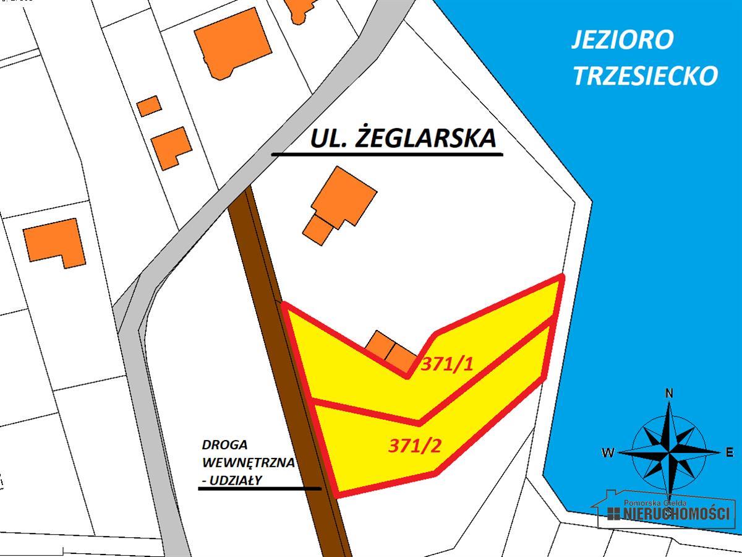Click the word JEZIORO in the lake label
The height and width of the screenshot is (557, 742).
click(x=621, y=40)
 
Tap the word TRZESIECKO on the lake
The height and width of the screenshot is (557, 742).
click(x=645, y=76)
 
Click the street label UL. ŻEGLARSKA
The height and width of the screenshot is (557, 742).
click(x=403, y=137)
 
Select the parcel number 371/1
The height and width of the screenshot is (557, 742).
click(x=446, y=364)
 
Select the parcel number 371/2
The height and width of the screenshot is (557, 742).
click(x=414, y=446)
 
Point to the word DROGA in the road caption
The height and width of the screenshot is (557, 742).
click(x=224, y=445)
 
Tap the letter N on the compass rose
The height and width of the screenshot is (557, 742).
click(x=668, y=393)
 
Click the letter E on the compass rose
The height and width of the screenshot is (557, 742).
click(x=730, y=452)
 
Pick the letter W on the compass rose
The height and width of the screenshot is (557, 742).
click(x=608, y=453)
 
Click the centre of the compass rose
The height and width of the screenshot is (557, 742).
click(x=669, y=452)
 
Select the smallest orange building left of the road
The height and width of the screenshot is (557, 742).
click(x=148, y=106)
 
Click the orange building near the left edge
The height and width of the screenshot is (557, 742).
click(x=56, y=241)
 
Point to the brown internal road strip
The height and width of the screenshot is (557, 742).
click(x=291, y=371)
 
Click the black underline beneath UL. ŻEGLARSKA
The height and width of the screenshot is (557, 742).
click(x=386, y=153)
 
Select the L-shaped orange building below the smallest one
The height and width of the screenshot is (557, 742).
click(x=170, y=147)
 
